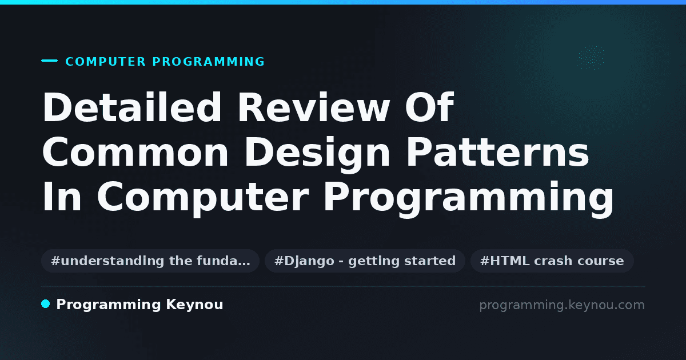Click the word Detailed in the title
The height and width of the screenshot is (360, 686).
(132, 107)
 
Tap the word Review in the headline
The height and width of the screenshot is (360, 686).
(314, 107)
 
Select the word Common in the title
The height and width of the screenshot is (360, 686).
(135, 152)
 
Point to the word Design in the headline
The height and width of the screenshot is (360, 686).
(317, 155)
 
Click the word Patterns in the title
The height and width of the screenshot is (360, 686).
(497, 152)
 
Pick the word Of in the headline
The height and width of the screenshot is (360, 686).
(429, 107)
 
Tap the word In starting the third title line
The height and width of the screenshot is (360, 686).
(62, 196)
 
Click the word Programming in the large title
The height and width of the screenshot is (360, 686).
(469, 199)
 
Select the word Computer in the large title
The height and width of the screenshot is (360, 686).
(203, 199)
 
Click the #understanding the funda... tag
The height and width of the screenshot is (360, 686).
(150, 261)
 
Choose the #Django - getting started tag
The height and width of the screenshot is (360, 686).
(365, 261)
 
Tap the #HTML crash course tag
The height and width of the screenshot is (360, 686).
(552, 261)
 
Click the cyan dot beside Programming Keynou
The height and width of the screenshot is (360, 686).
(46, 304)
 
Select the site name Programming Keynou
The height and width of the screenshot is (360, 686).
(139, 305)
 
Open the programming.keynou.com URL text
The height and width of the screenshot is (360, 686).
(562, 305)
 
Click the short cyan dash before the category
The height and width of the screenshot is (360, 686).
(49, 61)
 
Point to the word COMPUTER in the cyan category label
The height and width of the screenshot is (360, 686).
(106, 62)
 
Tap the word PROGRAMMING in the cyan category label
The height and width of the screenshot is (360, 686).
(209, 62)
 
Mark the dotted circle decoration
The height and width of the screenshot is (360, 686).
(591, 57)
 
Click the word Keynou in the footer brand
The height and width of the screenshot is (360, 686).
(194, 305)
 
